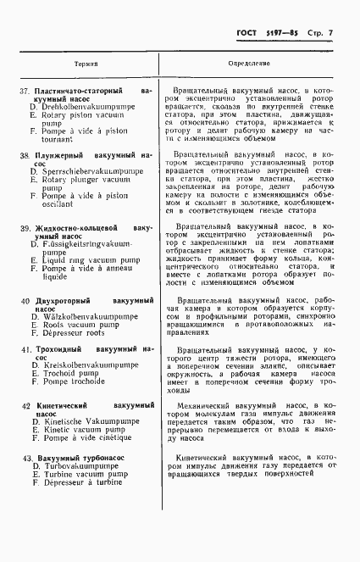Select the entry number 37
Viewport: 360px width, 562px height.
tap(25, 90)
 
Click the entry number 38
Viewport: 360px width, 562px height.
tap(25, 156)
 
